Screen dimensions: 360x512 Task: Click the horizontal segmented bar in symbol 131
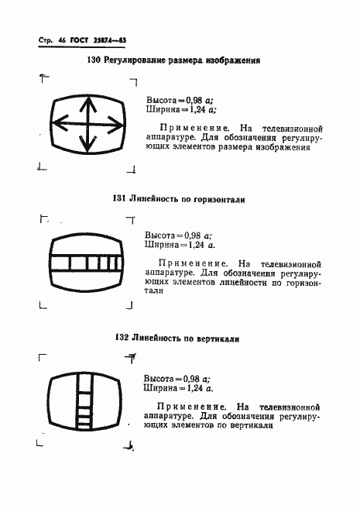(87, 263)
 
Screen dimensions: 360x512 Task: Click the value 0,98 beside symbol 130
(191, 101)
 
